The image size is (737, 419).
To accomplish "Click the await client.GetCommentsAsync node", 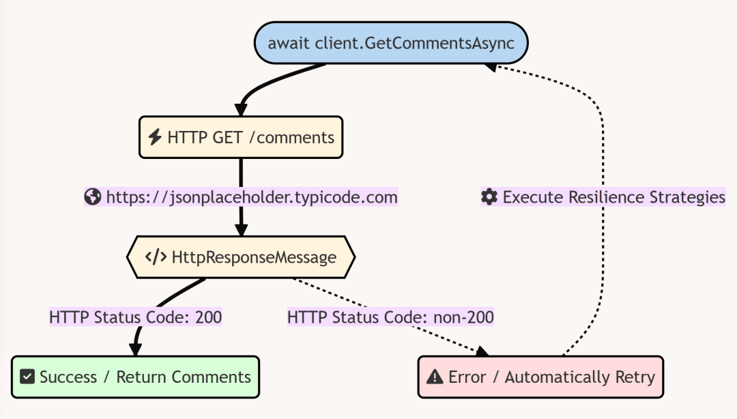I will (391, 43).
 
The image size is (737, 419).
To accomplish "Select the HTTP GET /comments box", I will (240, 137).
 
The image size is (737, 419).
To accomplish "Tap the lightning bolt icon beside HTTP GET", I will (155, 137).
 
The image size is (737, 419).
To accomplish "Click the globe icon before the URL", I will (93, 197).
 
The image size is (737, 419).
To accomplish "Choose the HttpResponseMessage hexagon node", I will (241, 257).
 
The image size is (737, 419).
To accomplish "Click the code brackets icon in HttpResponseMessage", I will (156, 257).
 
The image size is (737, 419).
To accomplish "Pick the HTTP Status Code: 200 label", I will (135, 317).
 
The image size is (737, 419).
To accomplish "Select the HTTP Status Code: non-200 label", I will (390, 317).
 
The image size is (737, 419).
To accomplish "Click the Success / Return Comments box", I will (135, 377).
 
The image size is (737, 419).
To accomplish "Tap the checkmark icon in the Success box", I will (27, 377).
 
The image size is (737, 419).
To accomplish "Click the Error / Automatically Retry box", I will (540, 377).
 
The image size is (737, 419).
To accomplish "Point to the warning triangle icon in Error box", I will (435, 377).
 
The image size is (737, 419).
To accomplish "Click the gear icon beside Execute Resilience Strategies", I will (489, 197).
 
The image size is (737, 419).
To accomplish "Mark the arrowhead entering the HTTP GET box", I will (241, 110).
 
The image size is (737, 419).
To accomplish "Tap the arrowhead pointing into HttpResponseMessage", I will (241, 230).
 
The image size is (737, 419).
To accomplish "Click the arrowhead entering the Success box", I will (135, 350).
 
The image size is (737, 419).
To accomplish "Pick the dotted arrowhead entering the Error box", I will (482, 351).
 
